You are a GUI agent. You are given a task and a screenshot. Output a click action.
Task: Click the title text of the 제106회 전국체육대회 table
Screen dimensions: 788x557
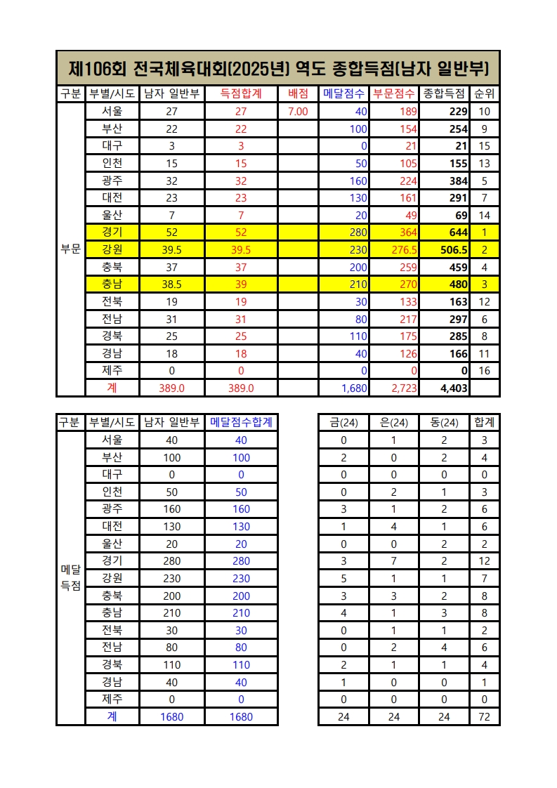[x=278, y=68]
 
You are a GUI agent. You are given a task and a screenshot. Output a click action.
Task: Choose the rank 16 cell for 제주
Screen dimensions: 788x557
[x=484, y=370]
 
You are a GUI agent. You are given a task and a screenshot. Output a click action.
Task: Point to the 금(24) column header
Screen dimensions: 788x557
[x=343, y=422]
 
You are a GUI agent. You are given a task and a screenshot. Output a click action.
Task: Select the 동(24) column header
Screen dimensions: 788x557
[x=443, y=422]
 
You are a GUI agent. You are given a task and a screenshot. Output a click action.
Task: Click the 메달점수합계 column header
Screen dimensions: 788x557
[x=241, y=422]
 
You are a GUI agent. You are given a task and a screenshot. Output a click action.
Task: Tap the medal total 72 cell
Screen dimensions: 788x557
[x=484, y=717]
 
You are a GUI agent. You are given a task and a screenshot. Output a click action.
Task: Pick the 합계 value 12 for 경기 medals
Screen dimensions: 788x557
[x=484, y=560]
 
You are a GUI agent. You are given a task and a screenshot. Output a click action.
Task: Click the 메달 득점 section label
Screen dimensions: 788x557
[x=70, y=577]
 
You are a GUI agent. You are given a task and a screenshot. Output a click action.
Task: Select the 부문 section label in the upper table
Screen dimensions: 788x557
[x=70, y=249]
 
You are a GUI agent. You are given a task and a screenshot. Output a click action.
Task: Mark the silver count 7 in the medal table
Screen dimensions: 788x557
[x=393, y=560]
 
